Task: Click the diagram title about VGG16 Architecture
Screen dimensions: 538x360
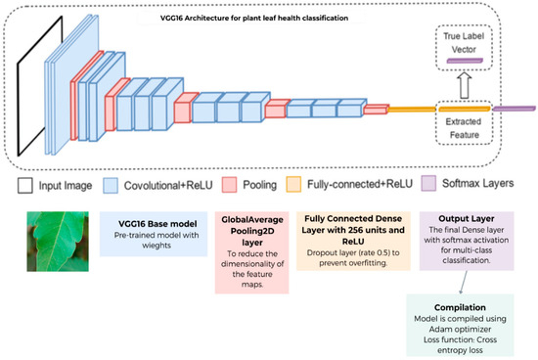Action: click(254, 19)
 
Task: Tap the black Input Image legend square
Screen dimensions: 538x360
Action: click(25, 185)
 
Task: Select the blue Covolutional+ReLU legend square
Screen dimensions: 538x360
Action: click(111, 185)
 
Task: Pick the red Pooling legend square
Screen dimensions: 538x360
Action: click(229, 185)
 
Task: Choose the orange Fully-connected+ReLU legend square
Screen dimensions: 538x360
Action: click(293, 184)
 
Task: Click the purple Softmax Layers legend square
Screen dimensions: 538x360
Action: click(428, 183)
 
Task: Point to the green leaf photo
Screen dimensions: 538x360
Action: click(58, 242)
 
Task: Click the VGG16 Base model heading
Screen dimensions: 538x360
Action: click(157, 224)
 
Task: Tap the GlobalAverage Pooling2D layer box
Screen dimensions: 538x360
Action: click(252, 252)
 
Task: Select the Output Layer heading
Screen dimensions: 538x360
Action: click(467, 218)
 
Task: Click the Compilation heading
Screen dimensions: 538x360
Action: click(460, 307)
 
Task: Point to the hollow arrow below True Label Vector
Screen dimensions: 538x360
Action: click(465, 85)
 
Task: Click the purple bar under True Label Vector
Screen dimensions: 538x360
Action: click(465, 61)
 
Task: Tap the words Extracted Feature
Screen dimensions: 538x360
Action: click(464, 128)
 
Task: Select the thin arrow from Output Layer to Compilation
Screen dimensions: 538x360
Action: click(464, 283)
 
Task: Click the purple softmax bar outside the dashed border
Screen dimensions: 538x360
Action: click(514, 109)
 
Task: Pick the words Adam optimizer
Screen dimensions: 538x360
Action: click(460, 329)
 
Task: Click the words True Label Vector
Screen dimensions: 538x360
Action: click(464, 43)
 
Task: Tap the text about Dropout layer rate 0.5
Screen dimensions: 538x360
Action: click(353, 257)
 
